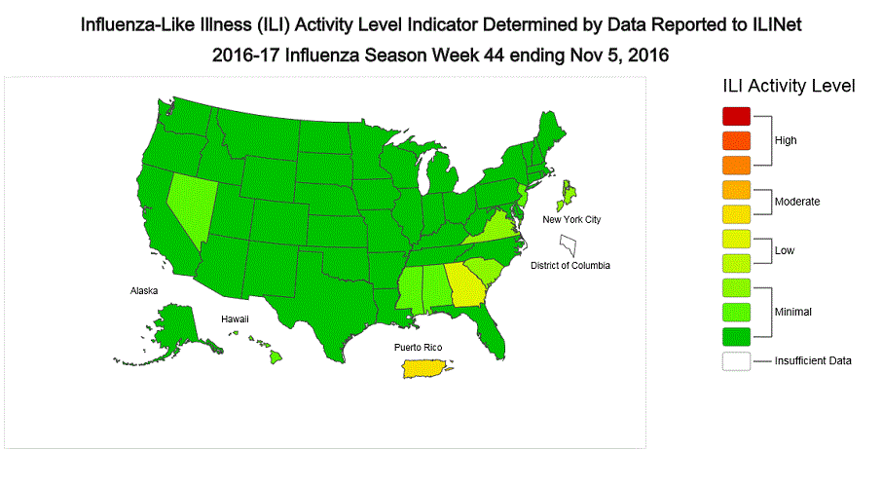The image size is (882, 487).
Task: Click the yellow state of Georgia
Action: point(461,284)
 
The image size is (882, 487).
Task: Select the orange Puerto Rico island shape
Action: point(424,369)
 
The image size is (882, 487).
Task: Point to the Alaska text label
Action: point(145,290)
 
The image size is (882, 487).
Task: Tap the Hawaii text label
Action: point(234,318)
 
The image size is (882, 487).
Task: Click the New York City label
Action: point(571,219)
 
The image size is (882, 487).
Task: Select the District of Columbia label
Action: point(576,264)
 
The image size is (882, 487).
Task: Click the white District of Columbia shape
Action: point(568,239)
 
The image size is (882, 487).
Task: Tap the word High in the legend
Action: point(786,140)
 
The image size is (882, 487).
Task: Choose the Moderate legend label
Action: point(796,202)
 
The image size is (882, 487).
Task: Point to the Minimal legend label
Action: point(793,312)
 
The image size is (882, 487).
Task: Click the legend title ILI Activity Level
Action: point(789,86)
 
